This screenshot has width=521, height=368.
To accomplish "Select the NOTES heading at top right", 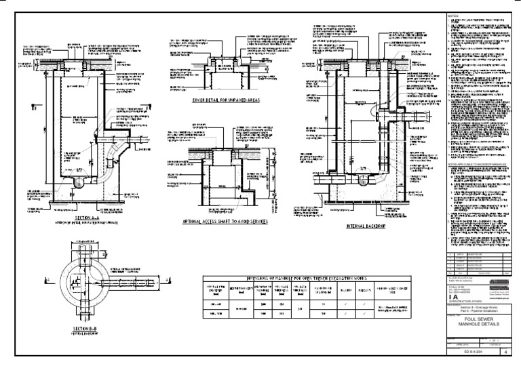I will (453, 15).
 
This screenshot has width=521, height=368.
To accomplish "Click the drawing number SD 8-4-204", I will (473, 352).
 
